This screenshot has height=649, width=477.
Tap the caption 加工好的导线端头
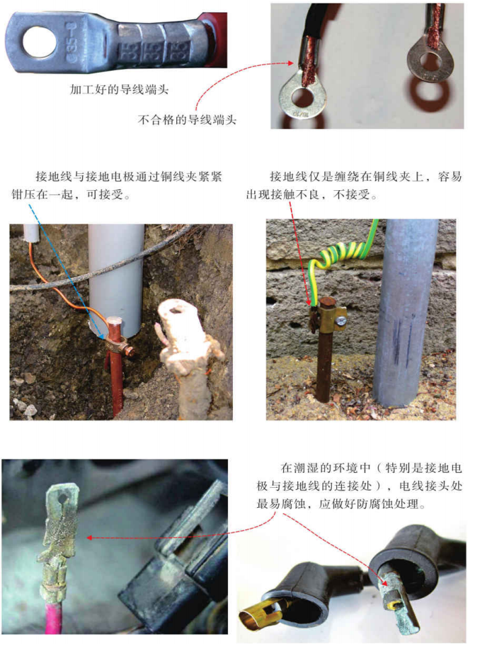119,89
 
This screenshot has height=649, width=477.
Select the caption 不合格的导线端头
187,120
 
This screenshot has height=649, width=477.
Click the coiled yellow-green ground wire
339,252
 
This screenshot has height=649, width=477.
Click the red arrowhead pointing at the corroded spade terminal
89,537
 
